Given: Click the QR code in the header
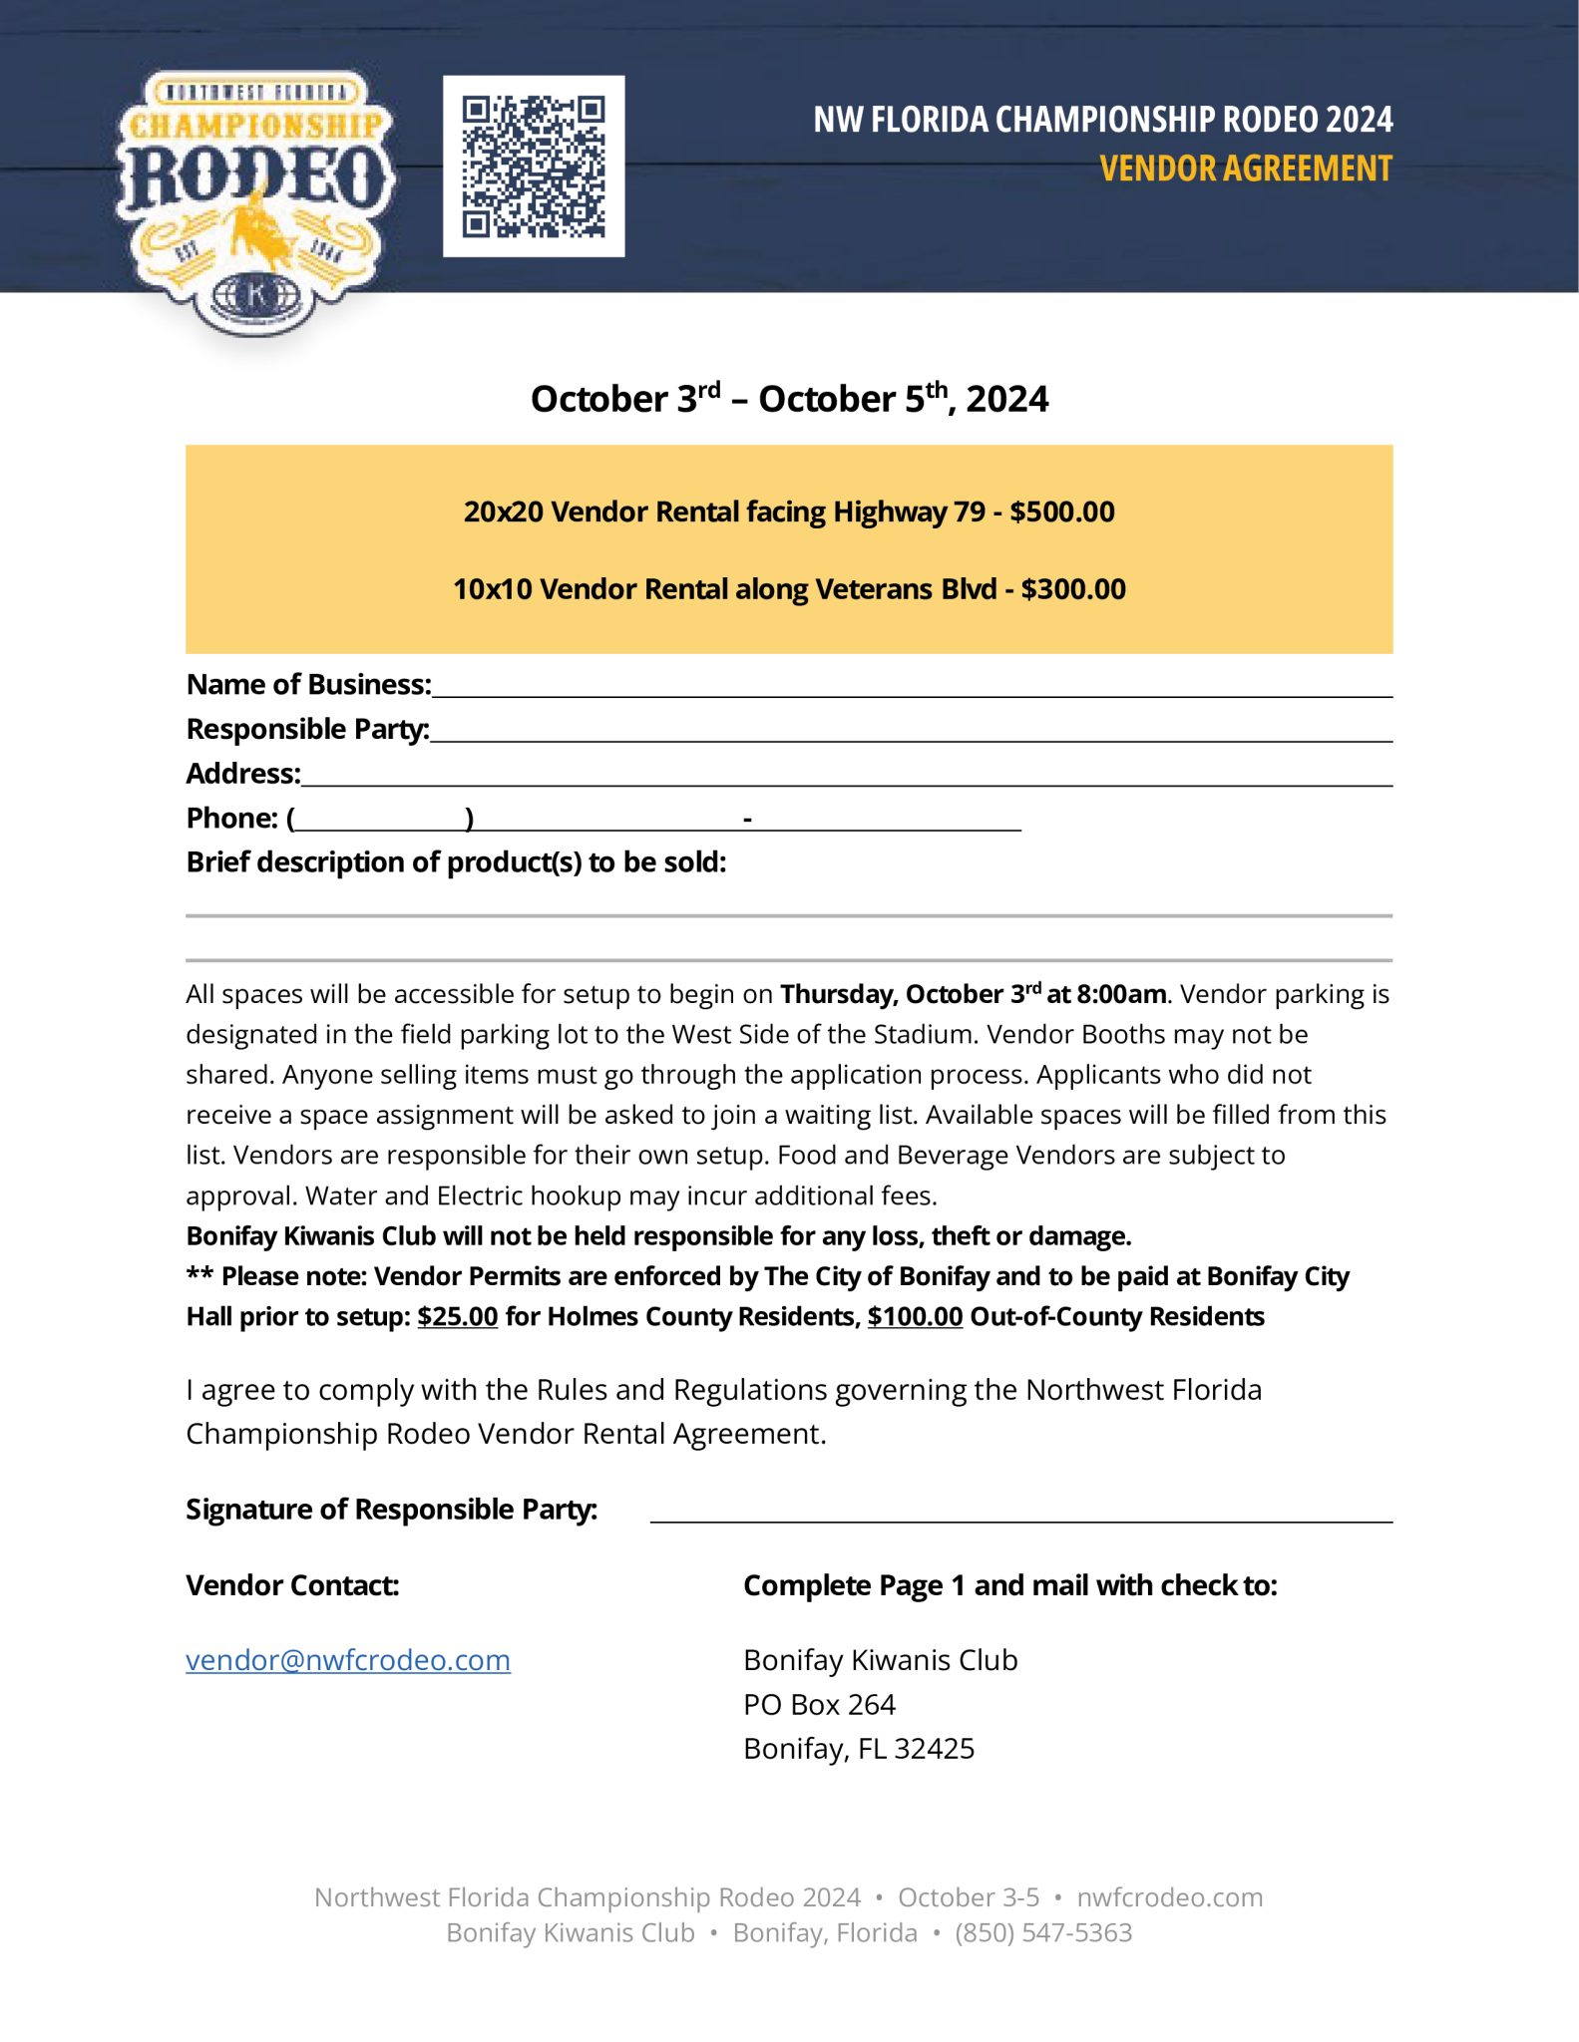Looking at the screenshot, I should click(x=534, y=167).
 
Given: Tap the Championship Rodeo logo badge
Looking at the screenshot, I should click(x=255, y=199).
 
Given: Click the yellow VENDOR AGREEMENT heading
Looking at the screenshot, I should click(x=1245, y=169).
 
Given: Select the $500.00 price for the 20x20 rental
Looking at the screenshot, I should click(x=1062, y=511).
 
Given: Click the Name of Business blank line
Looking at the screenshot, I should click(x=911, y=687).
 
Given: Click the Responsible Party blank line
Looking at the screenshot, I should click(x=911, y=732).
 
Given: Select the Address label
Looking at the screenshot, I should click(x=243, y=774).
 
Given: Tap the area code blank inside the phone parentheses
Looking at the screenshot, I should click(x=381, y=820).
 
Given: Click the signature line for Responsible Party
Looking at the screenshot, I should click(x=1020, y=1512).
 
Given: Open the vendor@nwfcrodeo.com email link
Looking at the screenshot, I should click(x=348, y=1660).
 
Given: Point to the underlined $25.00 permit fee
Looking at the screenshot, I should click(x=458, y=1317).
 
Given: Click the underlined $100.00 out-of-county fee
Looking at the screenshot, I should click(x=915, y=1317).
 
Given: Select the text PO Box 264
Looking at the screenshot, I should click(x=819, y=1705).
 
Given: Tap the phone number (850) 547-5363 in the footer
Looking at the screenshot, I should click(x=1043, y=1932).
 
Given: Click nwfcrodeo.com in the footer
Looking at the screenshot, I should click(x=1169, y=1896).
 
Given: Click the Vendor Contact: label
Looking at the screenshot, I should click(x=292, y=1585).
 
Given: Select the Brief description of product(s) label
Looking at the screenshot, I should click(x=456, y=862).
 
